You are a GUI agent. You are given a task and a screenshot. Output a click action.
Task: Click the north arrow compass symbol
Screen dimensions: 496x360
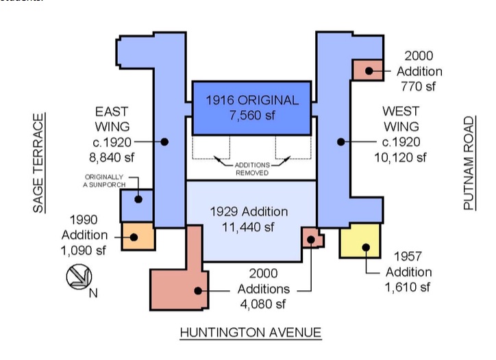point(79,277)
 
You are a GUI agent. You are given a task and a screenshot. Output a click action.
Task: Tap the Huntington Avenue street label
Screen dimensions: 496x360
point(251,333)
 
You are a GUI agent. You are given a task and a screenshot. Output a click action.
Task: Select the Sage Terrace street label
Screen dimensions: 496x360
point(38,163)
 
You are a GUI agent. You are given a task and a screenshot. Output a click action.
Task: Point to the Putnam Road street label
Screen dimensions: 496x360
point(469,163)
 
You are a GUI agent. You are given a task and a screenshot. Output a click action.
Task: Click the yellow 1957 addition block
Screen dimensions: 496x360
point(360,241)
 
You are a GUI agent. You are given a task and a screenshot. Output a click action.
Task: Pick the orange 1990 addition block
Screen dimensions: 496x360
point(138,236)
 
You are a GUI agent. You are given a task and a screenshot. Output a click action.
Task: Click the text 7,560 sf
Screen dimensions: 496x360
point(252,116)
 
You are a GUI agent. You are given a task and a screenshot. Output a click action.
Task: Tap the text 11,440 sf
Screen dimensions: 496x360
point(248,227)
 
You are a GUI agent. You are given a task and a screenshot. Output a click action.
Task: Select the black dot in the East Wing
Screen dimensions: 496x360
point(164,142)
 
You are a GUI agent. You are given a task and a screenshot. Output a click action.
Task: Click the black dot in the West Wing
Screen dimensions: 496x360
point(340,142)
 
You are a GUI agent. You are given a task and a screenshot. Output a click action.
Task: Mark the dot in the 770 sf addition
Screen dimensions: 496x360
point(369,70)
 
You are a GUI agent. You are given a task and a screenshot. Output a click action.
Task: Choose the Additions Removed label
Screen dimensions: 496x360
point(252,169)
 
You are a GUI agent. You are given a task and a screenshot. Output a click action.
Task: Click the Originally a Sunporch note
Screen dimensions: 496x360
point(104,181)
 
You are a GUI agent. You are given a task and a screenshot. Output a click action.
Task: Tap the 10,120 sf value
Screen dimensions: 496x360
point(401,157)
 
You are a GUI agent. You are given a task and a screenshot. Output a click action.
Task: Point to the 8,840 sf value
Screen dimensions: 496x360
point(112,157)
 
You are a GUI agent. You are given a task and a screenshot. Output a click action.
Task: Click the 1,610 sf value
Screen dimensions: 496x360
point(408,287)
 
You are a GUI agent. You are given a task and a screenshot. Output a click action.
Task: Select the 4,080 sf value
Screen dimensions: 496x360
point(263,304)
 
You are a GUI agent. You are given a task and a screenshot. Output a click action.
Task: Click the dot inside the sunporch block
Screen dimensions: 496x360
point(138,199)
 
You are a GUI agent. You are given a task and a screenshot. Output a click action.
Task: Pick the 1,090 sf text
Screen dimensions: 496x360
point(83,250)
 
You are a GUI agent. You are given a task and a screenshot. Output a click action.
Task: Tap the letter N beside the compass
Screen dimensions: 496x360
point(93,294)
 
